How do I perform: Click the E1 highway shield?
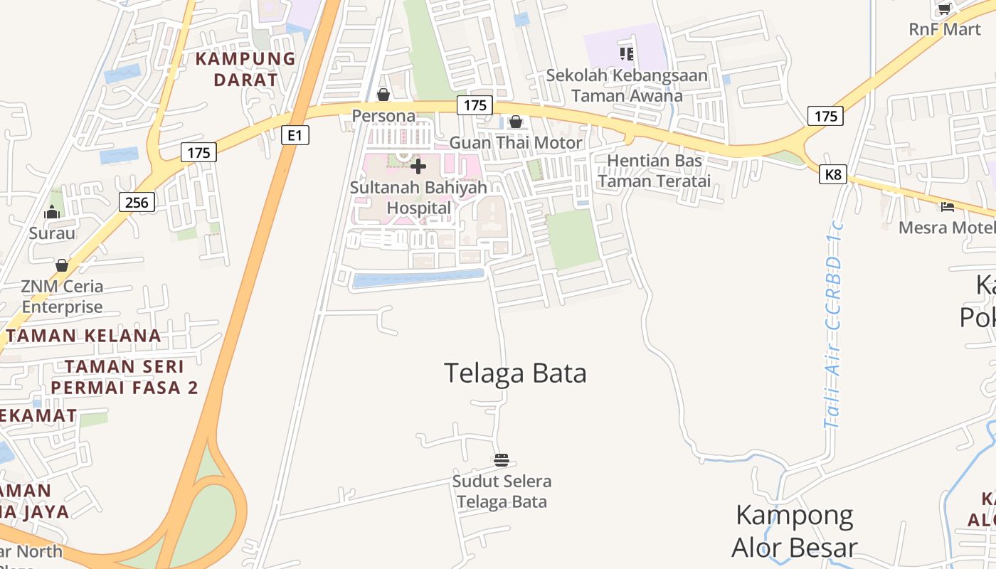point(295,135)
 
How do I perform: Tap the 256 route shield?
point(137,203)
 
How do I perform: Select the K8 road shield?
point(832,174)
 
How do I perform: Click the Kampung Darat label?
point(245,69)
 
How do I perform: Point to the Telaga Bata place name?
point(515,373)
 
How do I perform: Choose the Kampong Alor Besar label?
point(794,531)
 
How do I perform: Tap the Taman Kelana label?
point(84,336)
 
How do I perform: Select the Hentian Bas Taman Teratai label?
point(654,171)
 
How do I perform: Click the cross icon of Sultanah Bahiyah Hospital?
point(418,166)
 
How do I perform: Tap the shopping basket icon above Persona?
point(383,95)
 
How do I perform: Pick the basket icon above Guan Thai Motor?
point(516,122)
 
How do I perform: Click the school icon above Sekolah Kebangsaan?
point(626,53)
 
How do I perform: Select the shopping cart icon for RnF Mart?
point(945,9)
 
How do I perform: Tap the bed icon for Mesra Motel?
point(948,207)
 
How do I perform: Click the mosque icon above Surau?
point(52,212)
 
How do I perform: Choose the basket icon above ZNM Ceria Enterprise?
point(62,265)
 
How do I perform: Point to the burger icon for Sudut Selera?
point(502,460)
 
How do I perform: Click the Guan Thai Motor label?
point(516,143)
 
